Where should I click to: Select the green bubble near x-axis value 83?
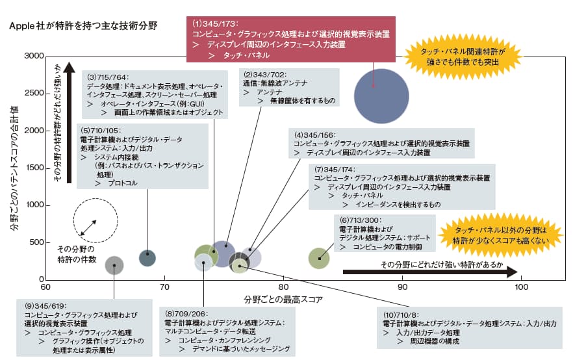pyautogui.click(x=318, y=259)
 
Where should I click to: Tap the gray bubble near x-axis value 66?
pyautogui.click(x=114, y=265)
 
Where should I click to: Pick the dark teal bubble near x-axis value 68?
pyautogui.click(x=147, y=257)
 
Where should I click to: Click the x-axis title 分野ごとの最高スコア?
pyautogui.click(x=283, y=300)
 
